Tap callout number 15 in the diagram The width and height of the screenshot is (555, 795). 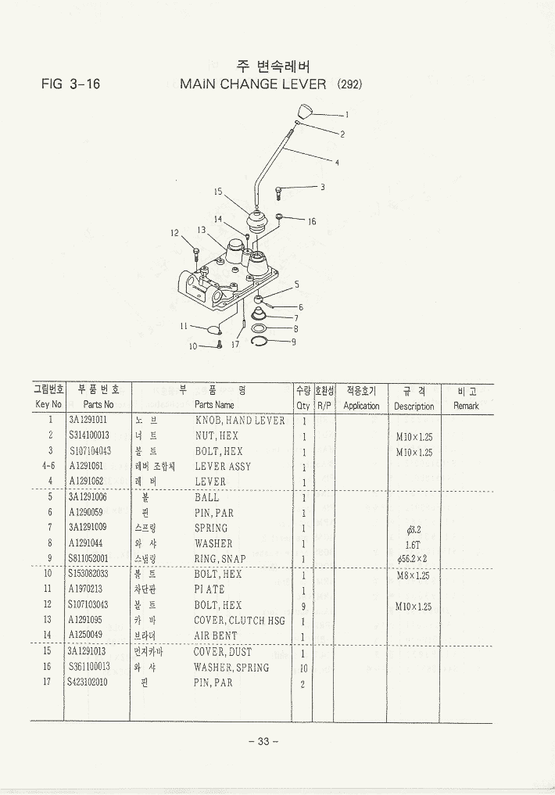(x=218, y=191)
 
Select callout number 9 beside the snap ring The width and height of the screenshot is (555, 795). (x=293, y=341)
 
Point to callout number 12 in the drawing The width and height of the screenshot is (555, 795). (x=175, y=232)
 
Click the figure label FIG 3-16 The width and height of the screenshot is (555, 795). (x=71, y=84)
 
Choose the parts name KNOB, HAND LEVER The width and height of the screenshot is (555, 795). (x=240, y=421)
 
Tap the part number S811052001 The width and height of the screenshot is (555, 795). (x=89, y=559)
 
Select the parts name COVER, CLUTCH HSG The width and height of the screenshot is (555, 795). (x=240, y=621)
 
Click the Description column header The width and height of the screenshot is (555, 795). (x=414, y=406)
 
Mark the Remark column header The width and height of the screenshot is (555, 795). (x=466, y=406)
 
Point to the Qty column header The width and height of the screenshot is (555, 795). (x=303, y=406)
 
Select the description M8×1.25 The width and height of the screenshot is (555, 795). (x=414, y=575)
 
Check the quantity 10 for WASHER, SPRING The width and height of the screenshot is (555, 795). (x=303, y=668)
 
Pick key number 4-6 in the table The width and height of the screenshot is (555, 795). (x=48, y=467)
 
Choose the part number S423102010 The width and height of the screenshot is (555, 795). (x=88, y=682)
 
